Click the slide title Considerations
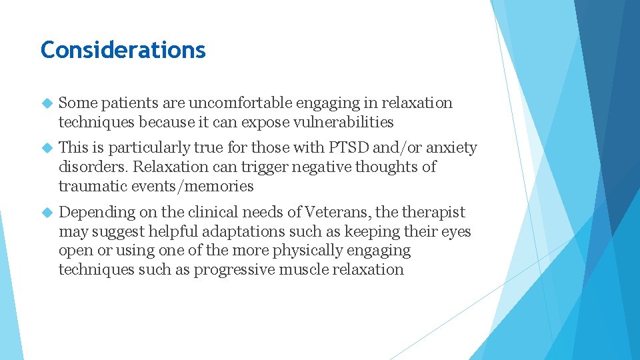click(x=123, y=50)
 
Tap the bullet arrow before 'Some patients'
click(x=46, y=104)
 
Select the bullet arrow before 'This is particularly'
click(x=46, y=148)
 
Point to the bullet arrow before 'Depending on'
click(x=46, y=213)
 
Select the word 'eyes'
click(x=456, y=232)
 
